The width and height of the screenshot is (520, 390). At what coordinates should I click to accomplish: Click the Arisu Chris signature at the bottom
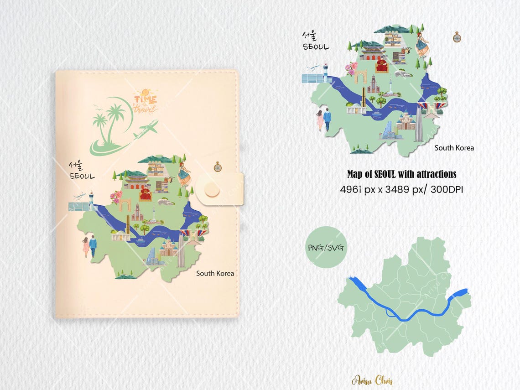coord(372,380)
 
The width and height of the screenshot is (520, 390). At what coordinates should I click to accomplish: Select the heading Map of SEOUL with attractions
coord(401,174)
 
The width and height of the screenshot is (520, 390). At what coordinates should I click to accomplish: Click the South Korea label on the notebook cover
coord(215,273)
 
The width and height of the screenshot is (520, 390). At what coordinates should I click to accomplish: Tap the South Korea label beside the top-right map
coord(454,148)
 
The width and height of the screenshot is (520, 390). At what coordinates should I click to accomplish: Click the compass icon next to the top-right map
coord(457,37)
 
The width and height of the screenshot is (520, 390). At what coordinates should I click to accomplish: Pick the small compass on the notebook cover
coord(217,166)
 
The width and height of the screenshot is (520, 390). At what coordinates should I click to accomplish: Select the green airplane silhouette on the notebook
coord(147,129)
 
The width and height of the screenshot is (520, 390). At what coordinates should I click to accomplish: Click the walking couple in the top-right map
coord(323,120)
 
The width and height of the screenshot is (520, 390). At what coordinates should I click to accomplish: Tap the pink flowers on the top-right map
coord(352,69)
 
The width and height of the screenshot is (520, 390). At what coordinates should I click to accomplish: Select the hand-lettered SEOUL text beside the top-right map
coord(316,47)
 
